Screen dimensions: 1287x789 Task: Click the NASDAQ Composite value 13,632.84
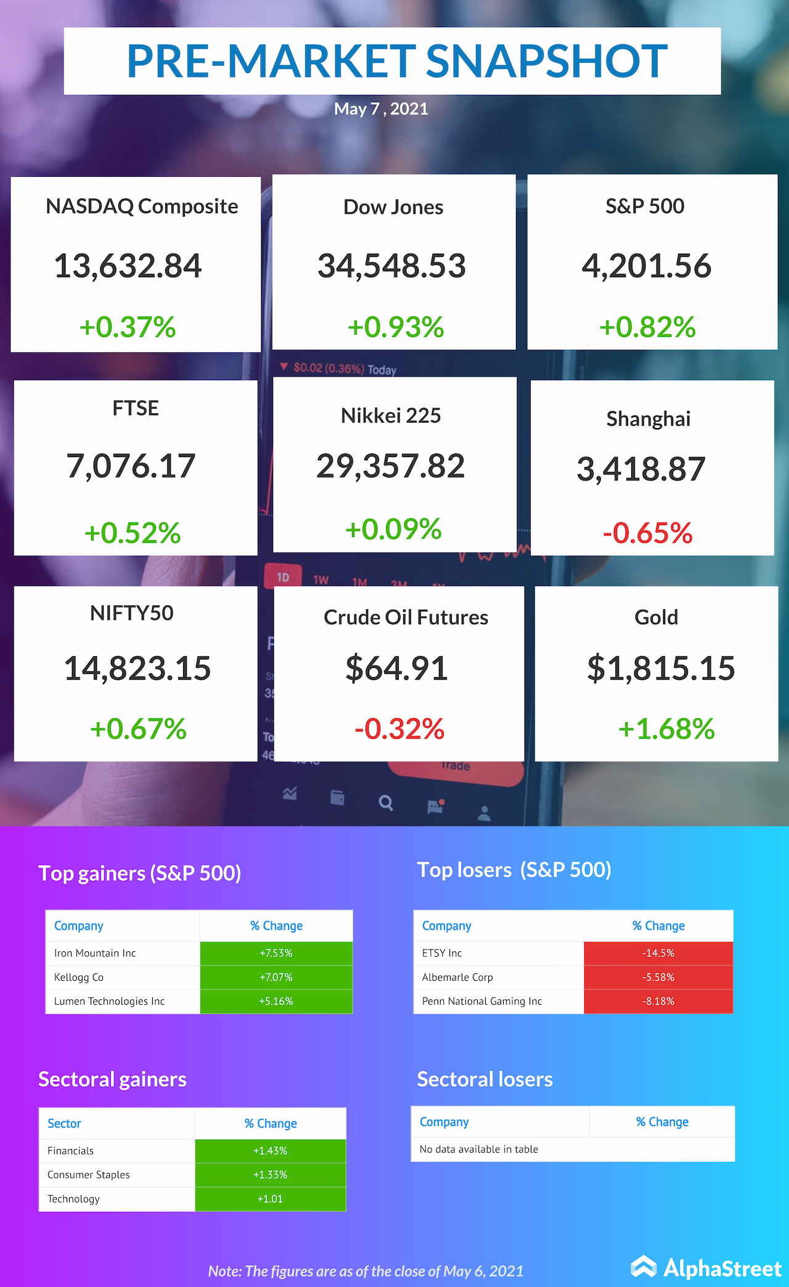coord(128,266)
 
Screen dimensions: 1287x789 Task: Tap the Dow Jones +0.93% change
coord(396,327)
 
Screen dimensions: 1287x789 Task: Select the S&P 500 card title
coord(645,206)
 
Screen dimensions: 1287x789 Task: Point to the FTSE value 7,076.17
coord(131,466)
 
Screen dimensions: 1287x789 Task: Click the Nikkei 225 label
coord(391,416)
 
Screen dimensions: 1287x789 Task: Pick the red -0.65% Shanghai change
coord(647,533)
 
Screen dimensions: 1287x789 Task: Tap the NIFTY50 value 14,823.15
coord(137,668)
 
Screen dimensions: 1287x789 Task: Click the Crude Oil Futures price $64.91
coord(396,668)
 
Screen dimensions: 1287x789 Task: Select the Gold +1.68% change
coord(666,729)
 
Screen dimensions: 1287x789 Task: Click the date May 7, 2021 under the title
coord(381,109)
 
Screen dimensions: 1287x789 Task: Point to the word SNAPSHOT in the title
coord(546,61)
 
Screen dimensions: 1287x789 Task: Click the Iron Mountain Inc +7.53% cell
coord(276,953)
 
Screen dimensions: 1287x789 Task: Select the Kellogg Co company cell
coord(79,977)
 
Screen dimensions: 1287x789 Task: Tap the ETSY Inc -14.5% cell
coord(658,953)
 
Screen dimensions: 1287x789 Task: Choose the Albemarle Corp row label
coord(457,977)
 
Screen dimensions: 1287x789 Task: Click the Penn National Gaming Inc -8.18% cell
coord(658,1001)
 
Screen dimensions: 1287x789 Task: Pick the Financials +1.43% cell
coord(271,1151)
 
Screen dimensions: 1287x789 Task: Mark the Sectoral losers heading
coord(484,1079)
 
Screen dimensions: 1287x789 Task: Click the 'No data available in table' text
coord(479,1149)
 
